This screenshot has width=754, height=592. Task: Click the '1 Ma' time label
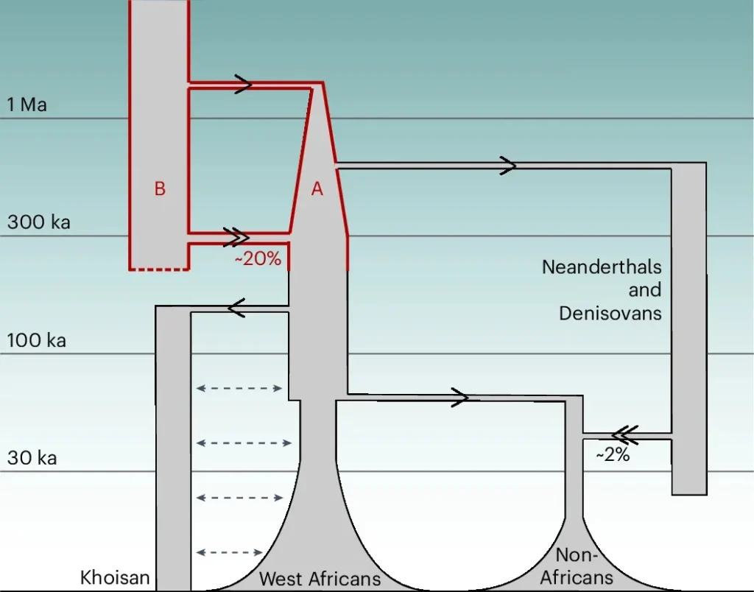(x=27, y=105)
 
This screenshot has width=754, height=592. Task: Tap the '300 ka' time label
(x=39, y=222)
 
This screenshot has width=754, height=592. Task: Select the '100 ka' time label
(x=37, y=340)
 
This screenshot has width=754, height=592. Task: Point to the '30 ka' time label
(x=32, y=458)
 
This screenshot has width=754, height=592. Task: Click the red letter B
(x=160, y=189)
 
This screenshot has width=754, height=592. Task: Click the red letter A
(x=317, y=189)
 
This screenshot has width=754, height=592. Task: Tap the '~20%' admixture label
(x=258, y=259)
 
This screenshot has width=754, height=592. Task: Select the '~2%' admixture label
(x=613, y=455)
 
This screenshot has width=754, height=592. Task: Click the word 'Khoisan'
(x=115, y=577)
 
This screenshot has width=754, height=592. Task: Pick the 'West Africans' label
(x=320, y=579)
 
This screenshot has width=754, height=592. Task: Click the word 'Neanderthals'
(x=602, y=267)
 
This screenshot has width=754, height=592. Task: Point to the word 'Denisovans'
(x=610, y=313)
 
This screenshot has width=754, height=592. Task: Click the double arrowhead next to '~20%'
(x=236, y=236)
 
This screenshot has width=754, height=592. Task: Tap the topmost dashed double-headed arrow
(x=240, y=388)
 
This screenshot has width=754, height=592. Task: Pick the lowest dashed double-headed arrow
(x=231, y=552)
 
